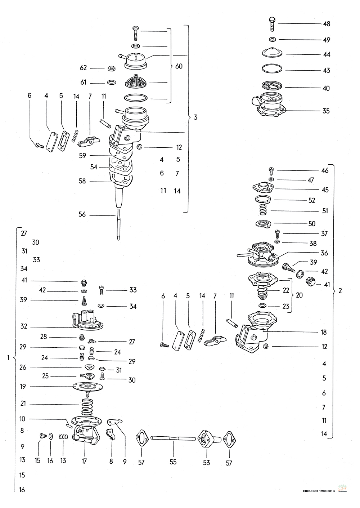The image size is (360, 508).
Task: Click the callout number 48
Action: click(327, 24)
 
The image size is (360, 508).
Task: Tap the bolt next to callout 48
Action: click(273, 23)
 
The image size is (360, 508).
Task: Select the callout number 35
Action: click(326, 111)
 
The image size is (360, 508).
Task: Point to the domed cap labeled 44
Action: click(271, 53)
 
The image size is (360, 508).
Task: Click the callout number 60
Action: click(179, 66)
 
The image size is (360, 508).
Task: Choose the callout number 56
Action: click(82, 215)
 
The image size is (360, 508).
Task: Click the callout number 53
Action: click(206, 463)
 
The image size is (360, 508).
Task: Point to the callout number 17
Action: click(84, 460)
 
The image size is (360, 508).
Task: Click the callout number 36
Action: click(324, 253)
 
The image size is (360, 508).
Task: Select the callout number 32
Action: click(24, 327)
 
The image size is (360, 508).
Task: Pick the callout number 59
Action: click(83, 156)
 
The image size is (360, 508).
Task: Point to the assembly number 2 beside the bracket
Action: click(340, 291)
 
